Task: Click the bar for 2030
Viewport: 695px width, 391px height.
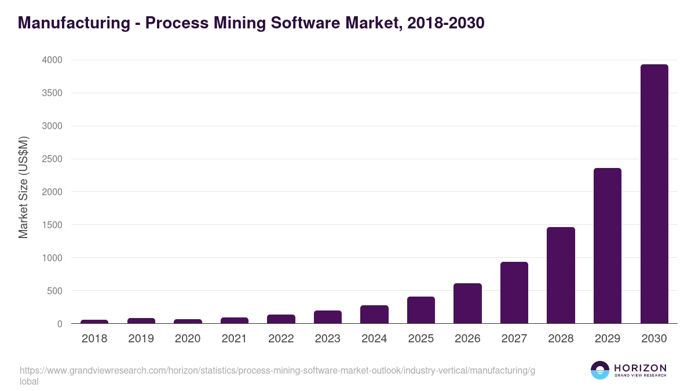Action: [x=654, y=193]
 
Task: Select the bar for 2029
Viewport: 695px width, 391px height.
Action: [x=607, y=246]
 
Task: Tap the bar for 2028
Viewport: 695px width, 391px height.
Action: [x=561, y=275]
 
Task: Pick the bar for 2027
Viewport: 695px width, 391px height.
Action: [x=514, y=293]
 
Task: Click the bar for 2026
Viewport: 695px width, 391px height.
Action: [x=467, y=303]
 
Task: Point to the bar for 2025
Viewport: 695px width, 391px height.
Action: [x=421, y=310]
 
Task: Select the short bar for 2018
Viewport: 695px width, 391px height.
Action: [x=94, y=321]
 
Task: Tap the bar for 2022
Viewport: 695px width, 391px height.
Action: [x=281, y=319]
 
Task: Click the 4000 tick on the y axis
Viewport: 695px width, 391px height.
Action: [x=52, y=60]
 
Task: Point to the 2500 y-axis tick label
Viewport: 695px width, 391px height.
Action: [x=52, y=159]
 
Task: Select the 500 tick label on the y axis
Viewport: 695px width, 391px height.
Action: [x=54, y=291]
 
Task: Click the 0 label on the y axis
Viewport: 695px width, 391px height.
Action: [x=59, y=324]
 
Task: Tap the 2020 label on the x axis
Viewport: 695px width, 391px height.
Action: [x=188, y=339]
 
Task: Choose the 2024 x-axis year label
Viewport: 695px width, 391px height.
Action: [x=374, y=339]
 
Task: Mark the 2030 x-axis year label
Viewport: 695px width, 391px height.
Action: [x=654, y=339]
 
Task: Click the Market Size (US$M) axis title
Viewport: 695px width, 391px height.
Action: [x=23, y=187]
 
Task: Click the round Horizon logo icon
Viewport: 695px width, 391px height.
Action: [x=600, y=370]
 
